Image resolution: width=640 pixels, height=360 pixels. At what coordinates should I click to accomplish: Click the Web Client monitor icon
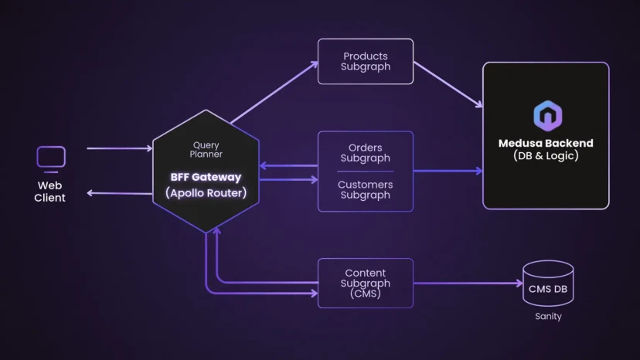coord(51,158)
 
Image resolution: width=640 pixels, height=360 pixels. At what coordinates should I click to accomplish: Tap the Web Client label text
coord(50,192)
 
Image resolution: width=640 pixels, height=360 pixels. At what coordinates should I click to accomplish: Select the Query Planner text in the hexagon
coord(206,150)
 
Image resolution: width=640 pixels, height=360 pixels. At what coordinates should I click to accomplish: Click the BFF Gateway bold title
coord(206,177)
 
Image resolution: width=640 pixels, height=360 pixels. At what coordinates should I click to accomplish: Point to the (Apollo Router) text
coord(206,193)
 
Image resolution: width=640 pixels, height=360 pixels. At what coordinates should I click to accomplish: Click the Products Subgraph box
coord(366,62)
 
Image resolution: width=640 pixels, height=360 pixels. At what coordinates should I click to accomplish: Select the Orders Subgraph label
coord(366,153)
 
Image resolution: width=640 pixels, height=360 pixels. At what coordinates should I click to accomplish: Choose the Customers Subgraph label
coord(366,190)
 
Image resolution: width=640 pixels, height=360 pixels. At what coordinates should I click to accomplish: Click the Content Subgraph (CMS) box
coord(366,284)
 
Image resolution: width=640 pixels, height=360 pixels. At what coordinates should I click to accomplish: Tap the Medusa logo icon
coord(547,116)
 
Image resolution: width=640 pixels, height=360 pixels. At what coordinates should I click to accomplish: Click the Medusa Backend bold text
coord(546,143)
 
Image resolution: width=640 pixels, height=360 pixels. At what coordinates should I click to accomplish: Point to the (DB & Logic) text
coord(546,156)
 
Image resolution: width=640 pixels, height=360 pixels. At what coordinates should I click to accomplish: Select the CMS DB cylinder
coord(548,284)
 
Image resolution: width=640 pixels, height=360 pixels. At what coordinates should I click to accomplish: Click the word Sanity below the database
coord(548,317)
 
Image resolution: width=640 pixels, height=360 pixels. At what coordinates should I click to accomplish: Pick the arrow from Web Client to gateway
coord(119,148)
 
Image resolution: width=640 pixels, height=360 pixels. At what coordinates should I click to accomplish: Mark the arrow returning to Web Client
coord(119,192)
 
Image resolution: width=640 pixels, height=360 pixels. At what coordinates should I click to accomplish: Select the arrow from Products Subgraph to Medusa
coord(448,86)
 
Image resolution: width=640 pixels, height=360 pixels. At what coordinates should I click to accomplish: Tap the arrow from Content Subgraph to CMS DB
coord(468,284)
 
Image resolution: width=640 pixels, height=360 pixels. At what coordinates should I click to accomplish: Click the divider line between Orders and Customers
coord(366,172)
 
